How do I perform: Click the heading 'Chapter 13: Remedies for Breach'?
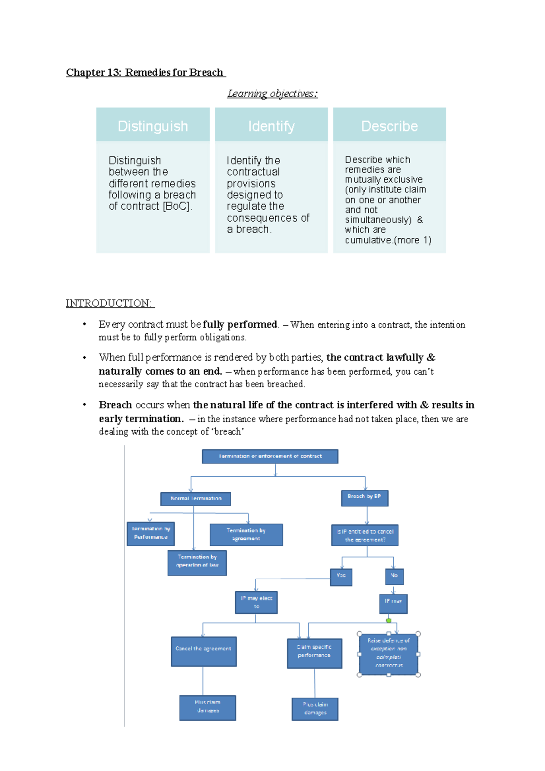145,73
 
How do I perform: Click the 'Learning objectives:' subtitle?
272,94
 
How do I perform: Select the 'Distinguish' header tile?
153,126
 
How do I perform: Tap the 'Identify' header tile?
271,126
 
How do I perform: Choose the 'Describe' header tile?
389,126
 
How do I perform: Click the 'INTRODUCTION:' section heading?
109,303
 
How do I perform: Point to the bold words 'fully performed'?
240,325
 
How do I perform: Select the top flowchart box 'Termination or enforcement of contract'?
270,456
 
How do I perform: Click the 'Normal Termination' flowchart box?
195,499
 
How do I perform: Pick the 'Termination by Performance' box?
150,534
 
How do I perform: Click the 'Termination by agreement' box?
246,534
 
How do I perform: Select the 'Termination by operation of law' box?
197,563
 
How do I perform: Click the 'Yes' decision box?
341,577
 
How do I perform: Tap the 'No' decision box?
394,576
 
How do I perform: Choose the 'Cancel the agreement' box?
203,651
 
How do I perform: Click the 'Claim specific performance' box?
314,653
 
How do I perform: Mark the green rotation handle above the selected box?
389,620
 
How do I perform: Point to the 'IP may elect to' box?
256,602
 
